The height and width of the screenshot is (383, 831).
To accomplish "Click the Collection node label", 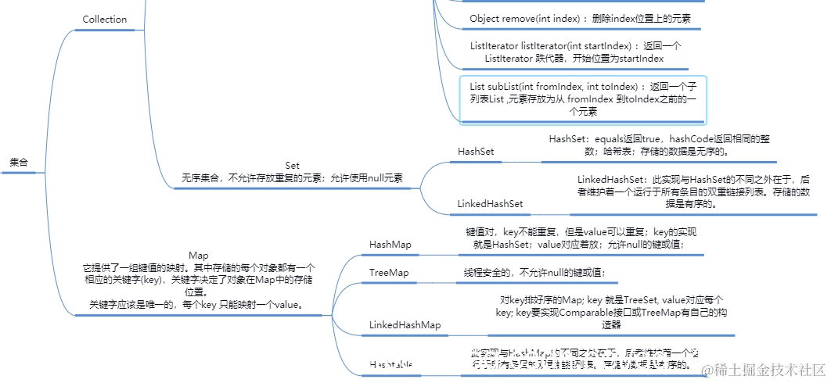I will click(104, 20).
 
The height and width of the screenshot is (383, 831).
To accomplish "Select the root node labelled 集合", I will click(19, 163).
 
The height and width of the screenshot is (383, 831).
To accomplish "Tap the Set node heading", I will click(292, 166).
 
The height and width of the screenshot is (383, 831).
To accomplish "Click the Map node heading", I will click(199, 256).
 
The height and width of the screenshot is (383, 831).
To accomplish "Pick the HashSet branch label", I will click(476, 151).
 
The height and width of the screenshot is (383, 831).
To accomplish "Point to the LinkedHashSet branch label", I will click(490, 204).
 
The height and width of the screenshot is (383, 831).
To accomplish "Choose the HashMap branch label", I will click(390, 245).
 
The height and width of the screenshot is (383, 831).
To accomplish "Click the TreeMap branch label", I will click(389, 272).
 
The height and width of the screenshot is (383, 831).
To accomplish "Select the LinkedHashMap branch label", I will click(405, 324).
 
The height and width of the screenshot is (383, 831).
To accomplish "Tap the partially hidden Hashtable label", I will click(391, 365).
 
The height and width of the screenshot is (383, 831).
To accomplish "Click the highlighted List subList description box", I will click(583, 99).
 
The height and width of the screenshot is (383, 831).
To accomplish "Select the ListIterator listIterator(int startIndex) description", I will click(574, 52).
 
